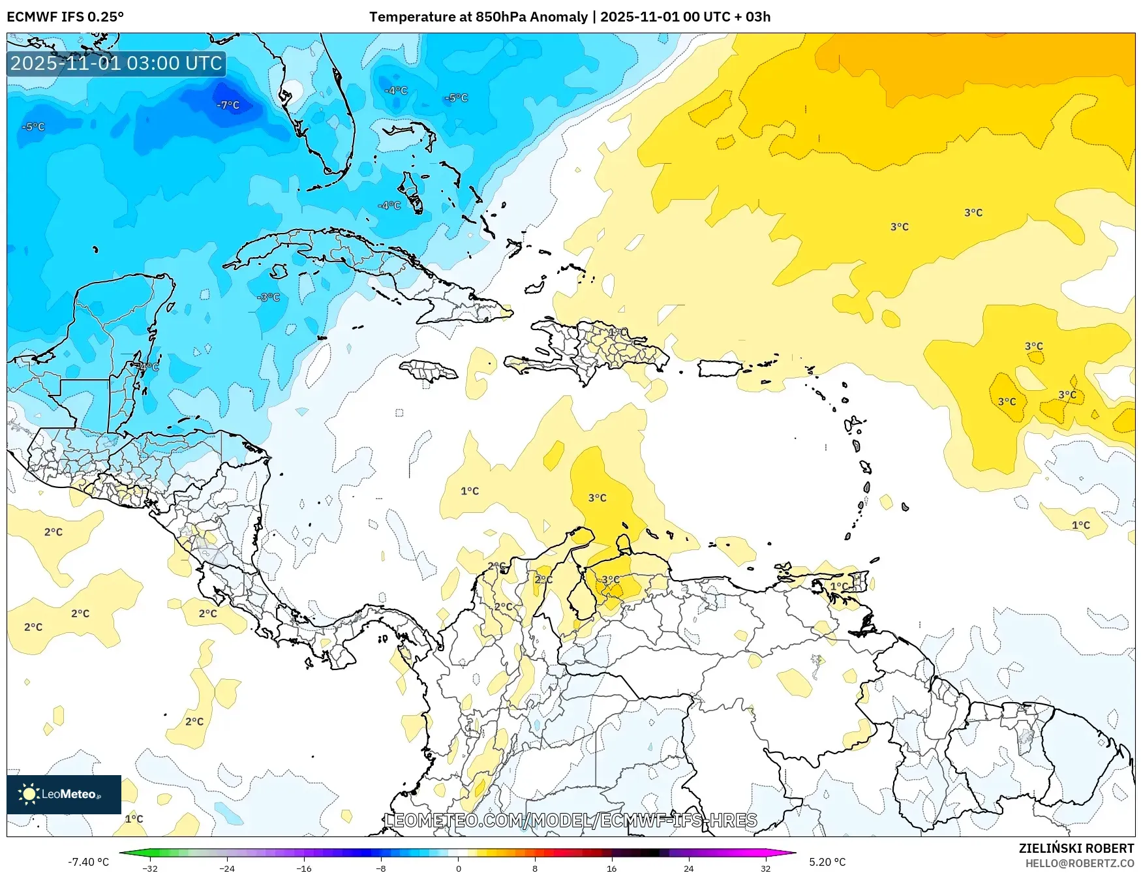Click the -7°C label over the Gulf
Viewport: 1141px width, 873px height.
click(228, 105)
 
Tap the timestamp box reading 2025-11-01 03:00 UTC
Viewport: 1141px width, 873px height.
click(116, 63)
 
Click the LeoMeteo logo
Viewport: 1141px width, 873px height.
click(64, 794)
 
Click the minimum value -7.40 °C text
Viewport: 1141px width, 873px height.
click(89, 862)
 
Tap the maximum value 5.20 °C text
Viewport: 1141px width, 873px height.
click(827, 862)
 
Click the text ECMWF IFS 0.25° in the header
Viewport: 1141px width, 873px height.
click(65, 17)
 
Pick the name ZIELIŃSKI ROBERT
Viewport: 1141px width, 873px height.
click(1076, 848)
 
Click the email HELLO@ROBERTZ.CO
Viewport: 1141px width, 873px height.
click(1080, 863)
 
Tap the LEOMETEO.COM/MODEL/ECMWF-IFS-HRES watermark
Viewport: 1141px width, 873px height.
click(571, 820)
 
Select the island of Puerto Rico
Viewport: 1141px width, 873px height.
click(720, 368)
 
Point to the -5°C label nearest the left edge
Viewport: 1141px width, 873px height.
click(33, 127)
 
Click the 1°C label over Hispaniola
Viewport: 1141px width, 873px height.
click(618, 332)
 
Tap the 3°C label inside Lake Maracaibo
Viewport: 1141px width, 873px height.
click(611, 579)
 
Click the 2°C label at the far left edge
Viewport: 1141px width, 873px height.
click(33, 627)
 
